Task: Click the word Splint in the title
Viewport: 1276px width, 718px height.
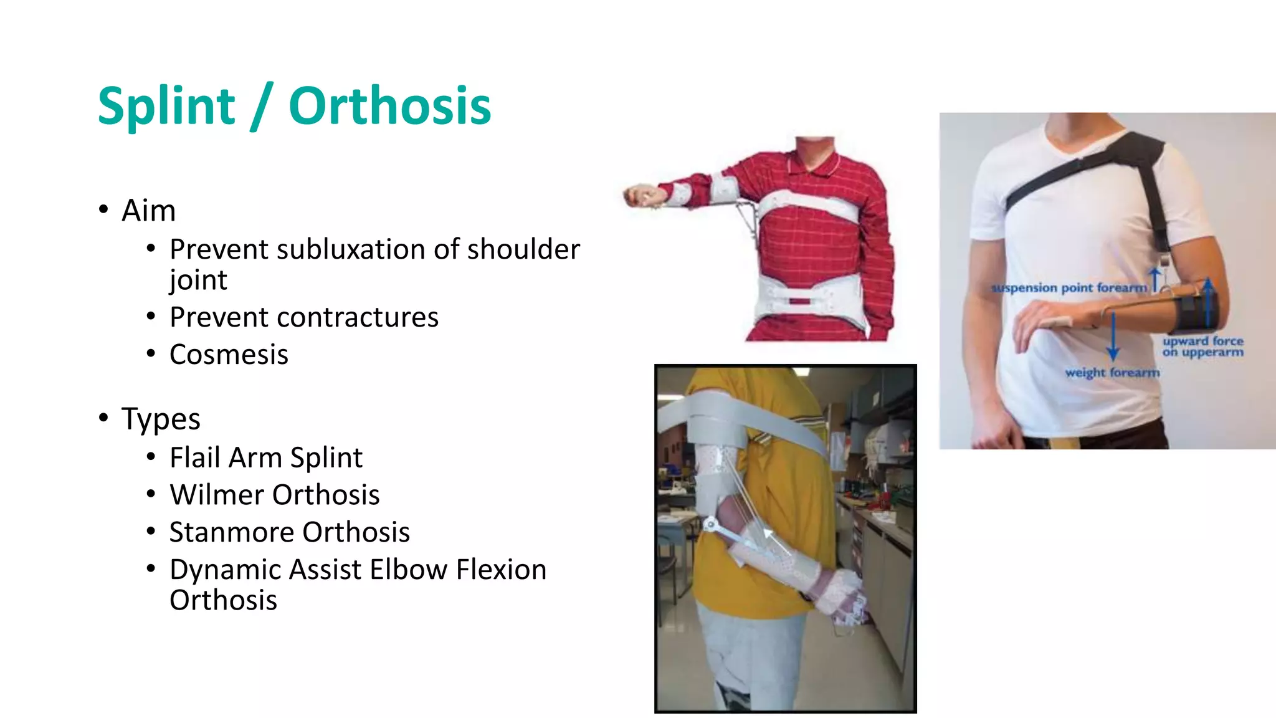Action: point(166,106)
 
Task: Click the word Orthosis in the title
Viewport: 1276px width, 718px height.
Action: point(390,106)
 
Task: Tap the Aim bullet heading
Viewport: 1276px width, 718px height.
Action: point(148,211)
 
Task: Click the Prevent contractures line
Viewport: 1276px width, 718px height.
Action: point(304,317)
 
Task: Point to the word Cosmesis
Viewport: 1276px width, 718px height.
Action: point(229,355)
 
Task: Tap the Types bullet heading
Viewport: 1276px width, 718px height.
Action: point(161,419)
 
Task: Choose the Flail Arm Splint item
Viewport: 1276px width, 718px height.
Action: point(266,457)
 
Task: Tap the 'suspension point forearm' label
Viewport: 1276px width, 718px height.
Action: point(1069,288)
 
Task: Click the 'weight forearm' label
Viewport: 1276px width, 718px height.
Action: point(1112,373)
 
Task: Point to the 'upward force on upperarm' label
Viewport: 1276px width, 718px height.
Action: point(1202,347)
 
